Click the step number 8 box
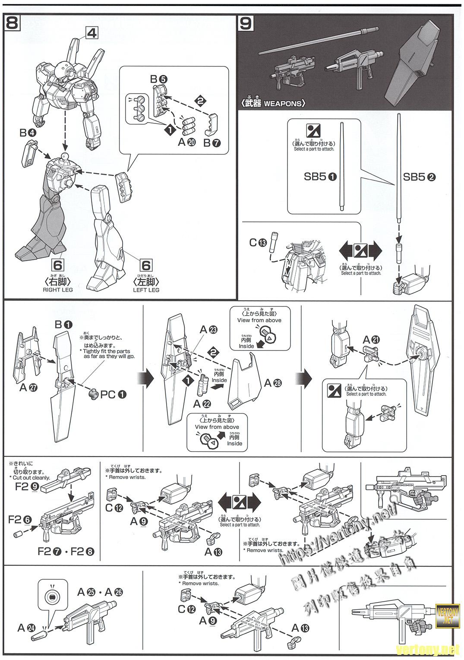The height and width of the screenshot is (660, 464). (12, 22)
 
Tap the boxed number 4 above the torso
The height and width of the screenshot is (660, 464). (92, 32)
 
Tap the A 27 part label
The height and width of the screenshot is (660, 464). (28, 387)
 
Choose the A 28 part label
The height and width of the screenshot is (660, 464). (272, 382)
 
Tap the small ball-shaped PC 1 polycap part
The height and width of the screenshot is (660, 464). (93, 394)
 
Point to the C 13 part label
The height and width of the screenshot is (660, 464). (258, 243)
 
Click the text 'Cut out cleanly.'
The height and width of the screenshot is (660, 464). (32, 478)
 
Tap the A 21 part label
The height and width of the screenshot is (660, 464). (372, 339)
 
